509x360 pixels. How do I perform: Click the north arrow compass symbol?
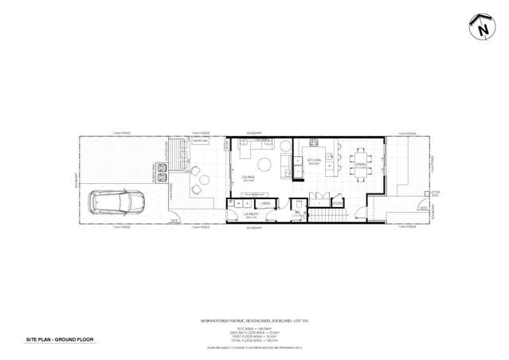pyautogui.click(x=483, y=27)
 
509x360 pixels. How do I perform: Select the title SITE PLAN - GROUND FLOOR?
pyautogui.click(x=60, y=339)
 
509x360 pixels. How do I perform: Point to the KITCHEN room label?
pyautogui.click(x=314, y=161)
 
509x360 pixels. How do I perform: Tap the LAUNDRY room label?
pyautogui.click(x=252, y=214)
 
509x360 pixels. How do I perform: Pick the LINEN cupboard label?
pyautogui.click(x=265, y=204)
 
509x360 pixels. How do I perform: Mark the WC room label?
pyautogui.click(x=296, y=213)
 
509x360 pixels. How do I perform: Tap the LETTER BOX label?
pyautogui.click(x=435, y=194)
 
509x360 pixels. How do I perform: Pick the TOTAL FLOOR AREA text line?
pyautogui.click(x=254, y=340)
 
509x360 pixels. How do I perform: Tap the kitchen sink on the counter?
pyautogui.click(x=314, y=143)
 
